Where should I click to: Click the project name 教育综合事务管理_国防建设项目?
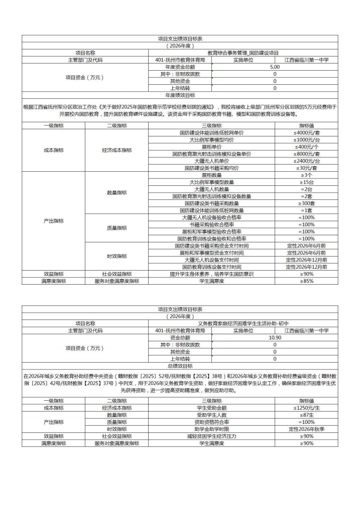coord(243,53)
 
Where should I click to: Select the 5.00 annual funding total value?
coord(275,67)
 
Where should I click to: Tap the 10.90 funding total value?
coord(275,338)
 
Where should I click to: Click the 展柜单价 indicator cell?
coord(211,147)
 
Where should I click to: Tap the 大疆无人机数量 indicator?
coord(211,189)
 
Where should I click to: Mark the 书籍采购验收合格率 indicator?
coord(211,225)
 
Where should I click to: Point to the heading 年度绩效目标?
coord(180,95)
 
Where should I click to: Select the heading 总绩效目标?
coord(180,366)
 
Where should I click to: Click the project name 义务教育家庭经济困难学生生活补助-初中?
coord(243,324)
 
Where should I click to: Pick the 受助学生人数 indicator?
coord(211,415)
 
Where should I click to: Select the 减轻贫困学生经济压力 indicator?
coord(211,436)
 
